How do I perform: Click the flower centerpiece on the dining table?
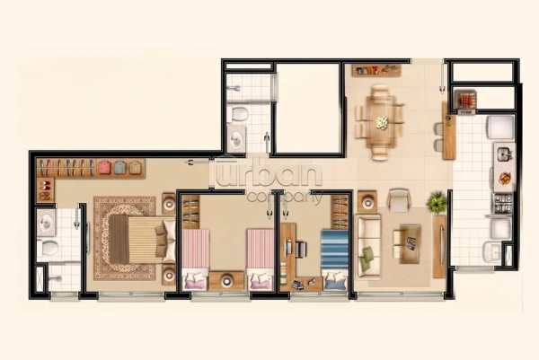(382, 123)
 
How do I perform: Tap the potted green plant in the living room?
(437, 202)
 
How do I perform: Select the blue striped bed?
(334, 260)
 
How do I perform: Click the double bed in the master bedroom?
(142, 240)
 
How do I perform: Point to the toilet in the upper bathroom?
(239, 114)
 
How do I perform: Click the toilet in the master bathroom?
(49, 247)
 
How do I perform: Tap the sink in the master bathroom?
(46, 223)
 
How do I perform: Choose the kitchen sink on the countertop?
(505, 154)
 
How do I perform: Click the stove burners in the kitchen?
(501, 204)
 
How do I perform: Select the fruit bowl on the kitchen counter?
(506, 179)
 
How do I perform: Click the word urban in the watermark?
(269, 173)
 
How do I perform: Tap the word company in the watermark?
(285, 198)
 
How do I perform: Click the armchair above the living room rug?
(399, 199)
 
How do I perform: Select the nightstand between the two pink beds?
(226, 281)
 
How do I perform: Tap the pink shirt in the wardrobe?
(104, 167)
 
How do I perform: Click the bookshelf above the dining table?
(376, 70)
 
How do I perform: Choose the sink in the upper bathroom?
(236, 139)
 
